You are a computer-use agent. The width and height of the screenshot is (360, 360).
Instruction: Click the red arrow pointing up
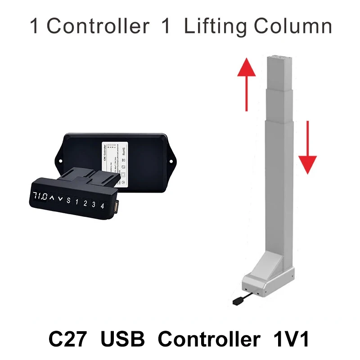pyautogui.click(x=247, y=83)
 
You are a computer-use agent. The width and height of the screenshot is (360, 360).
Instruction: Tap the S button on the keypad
pyautogui.click(x=68, y=201)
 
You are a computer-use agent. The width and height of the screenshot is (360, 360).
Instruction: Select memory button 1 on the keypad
pyautogui.click(x=77, y=202)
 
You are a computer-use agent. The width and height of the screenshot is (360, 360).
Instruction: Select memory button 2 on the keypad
pyautogui.click(x=85, y=203)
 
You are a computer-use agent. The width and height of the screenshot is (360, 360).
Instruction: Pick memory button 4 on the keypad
pyautogui.click(x=103, y=206)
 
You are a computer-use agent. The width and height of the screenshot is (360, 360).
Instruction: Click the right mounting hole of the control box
pyautogui.click(x=171, y=158)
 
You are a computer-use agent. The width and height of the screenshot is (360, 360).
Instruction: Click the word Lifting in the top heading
pyautogui.click(x=216, y=27)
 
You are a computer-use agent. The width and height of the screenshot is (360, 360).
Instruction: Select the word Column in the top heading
pyautogui.click(x=292, y=27)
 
